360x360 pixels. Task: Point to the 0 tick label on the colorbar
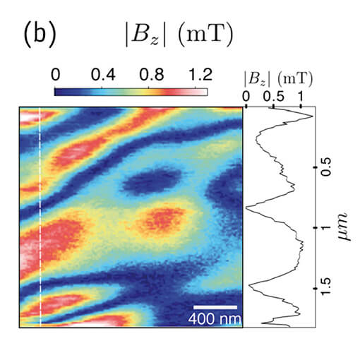pyautogui.click(x=56, y=73)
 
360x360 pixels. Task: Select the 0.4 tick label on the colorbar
pyautogui.click(x=104, y=73)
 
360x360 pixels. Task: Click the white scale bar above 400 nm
pyautogui.click(x=214, y=306)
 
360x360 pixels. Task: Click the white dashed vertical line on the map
pyautogui.click(x=41, y=212)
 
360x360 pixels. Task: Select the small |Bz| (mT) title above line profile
pyautogui.click(x=279, y=78)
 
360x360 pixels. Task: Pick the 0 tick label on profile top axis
pyautogui.click(x=246, y=95)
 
